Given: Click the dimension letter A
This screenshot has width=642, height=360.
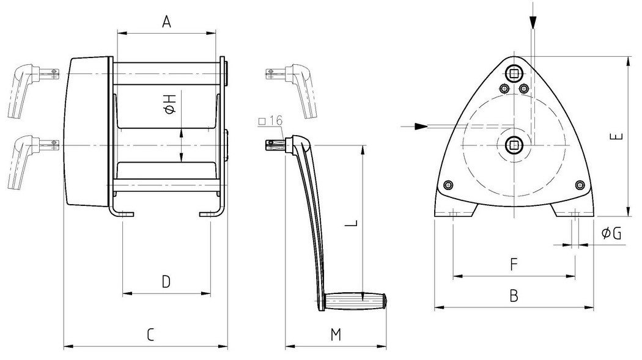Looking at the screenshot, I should (x=166, y=23).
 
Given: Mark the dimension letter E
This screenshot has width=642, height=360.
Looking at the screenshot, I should (x=618, y=136).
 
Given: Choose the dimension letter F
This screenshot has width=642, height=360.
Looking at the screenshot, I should (x=514, y=265).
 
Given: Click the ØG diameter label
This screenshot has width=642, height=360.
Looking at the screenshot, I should (x=611, y=233).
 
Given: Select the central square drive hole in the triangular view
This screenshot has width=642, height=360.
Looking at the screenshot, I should (x=514, y=144).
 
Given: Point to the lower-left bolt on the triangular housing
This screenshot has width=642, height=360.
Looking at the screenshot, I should (x=449, y=185).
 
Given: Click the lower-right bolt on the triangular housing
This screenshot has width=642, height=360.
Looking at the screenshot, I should (x=579, y=185).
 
